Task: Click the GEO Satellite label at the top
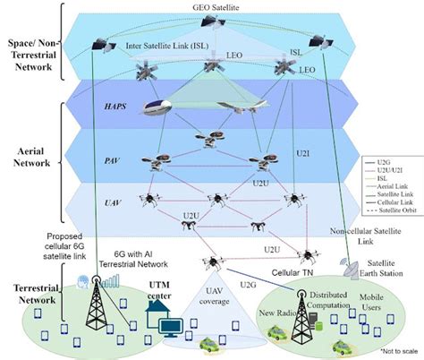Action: tap(216, 6)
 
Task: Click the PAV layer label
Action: tap(113, 160)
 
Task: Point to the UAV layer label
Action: tap(112, 205)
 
